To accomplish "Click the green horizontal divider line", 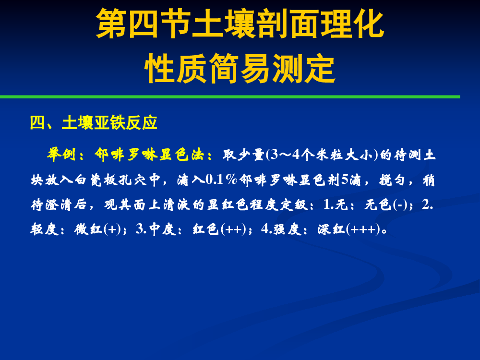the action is [230, 97].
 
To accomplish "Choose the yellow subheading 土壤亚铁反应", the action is [109, 123].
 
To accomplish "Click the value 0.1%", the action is [221, 180].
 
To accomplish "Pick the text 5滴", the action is [351, 180].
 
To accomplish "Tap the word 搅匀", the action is [393, 180].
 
